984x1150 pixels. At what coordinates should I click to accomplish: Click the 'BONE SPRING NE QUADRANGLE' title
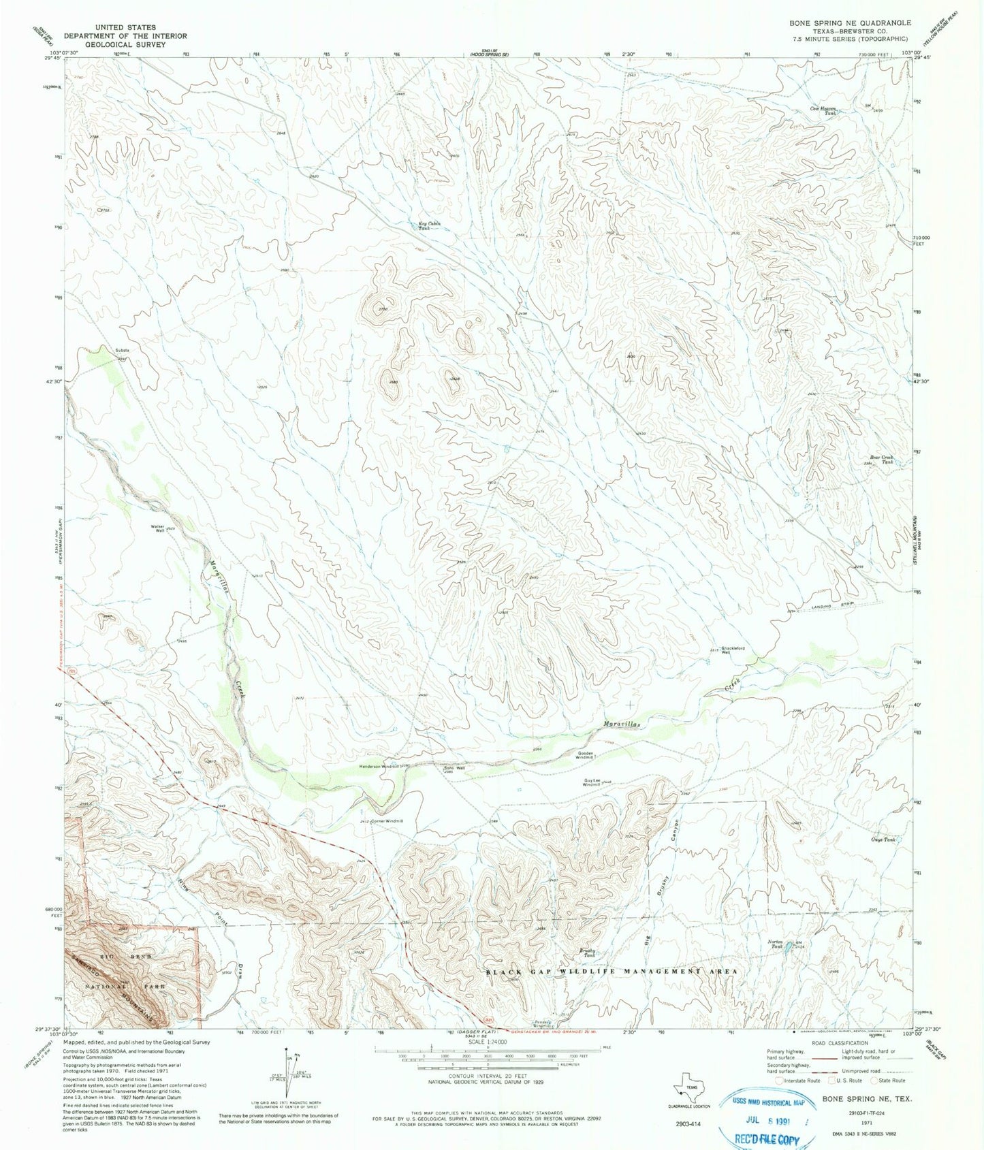[x=850, y=22]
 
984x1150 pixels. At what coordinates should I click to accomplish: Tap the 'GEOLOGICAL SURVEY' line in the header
[x=125, y=44]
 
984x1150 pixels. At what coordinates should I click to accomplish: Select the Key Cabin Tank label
[x=429, y=226]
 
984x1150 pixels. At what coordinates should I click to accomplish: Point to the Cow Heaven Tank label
[x=823, y=110]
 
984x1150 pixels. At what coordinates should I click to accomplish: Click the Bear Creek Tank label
[x=879, y=460]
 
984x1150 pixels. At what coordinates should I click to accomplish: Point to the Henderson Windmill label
[x=379, y=766]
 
